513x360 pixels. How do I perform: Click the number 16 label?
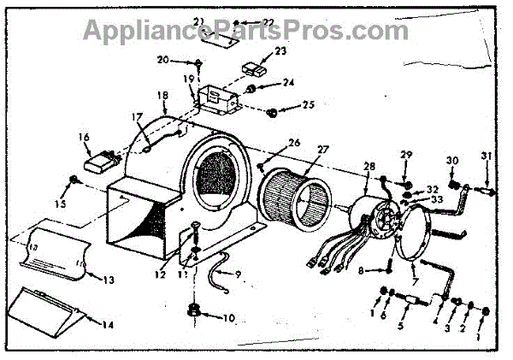point(84,137)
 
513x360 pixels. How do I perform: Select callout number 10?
point(206,318)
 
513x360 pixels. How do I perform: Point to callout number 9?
point(239,274)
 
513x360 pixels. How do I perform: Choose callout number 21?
point(198,21)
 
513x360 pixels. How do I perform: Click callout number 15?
point(59,204)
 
